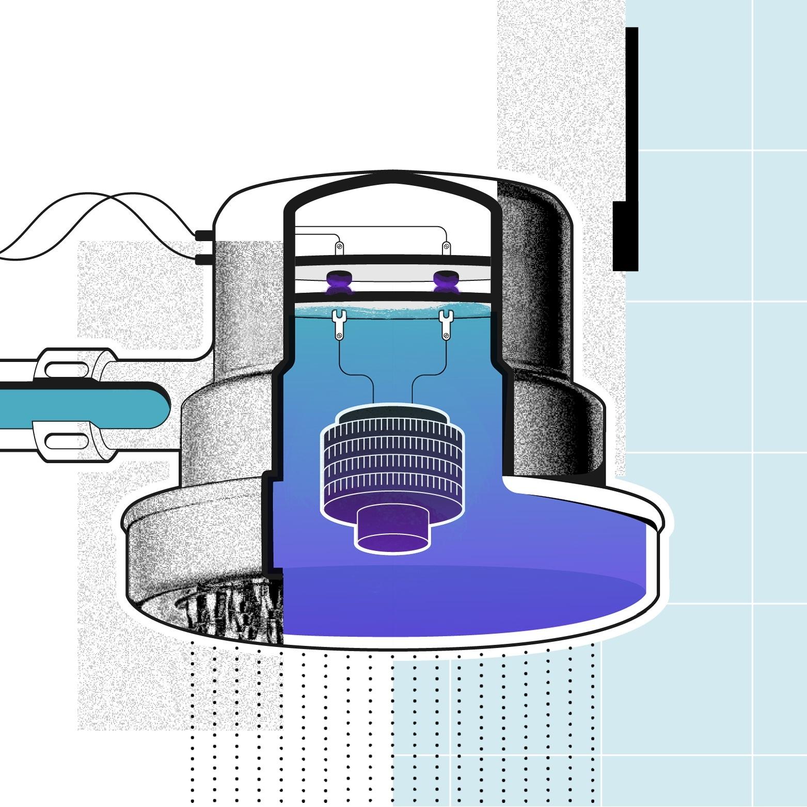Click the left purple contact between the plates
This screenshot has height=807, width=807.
pyautogui.click(x=338, y=281)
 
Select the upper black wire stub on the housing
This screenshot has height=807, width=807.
pyautogui.click(x=204, y=236)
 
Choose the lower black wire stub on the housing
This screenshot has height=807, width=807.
pyautogui.click(x=204, y=259)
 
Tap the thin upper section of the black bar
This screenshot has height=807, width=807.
pyautogui.click(x=631, y=114)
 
